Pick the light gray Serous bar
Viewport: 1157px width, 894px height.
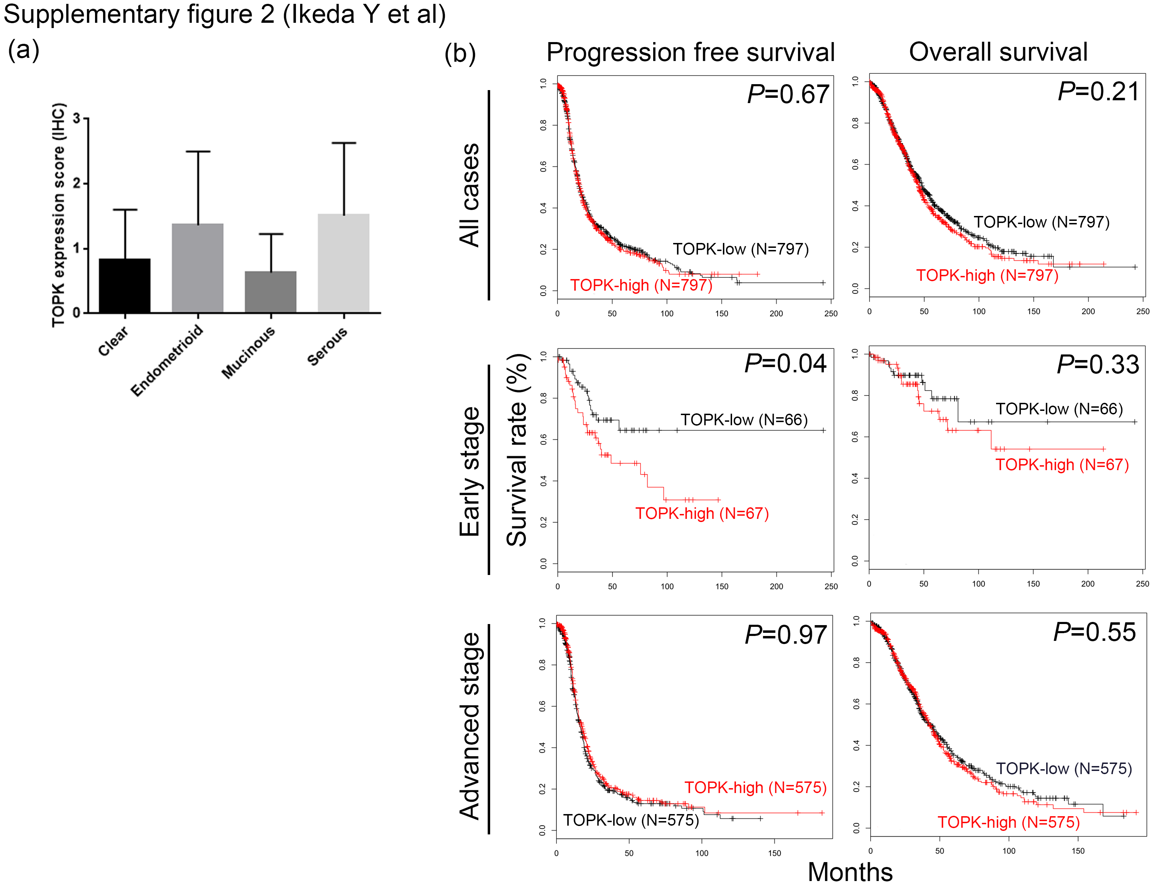pos(343,263)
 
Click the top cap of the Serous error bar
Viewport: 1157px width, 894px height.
pos(344,143)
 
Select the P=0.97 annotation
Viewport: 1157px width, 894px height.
pos(786,635)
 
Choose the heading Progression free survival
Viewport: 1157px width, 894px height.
pos(690,53)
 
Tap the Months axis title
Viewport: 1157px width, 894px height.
pos(850,872)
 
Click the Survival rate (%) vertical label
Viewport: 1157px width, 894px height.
pos(517,450)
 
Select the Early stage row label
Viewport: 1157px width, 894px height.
pos(470,471)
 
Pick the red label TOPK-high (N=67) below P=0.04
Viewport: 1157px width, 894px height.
pos(702,513)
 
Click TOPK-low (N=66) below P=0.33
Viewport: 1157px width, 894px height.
pos(1059,409)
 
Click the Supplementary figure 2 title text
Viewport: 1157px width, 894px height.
pos(225,14)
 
